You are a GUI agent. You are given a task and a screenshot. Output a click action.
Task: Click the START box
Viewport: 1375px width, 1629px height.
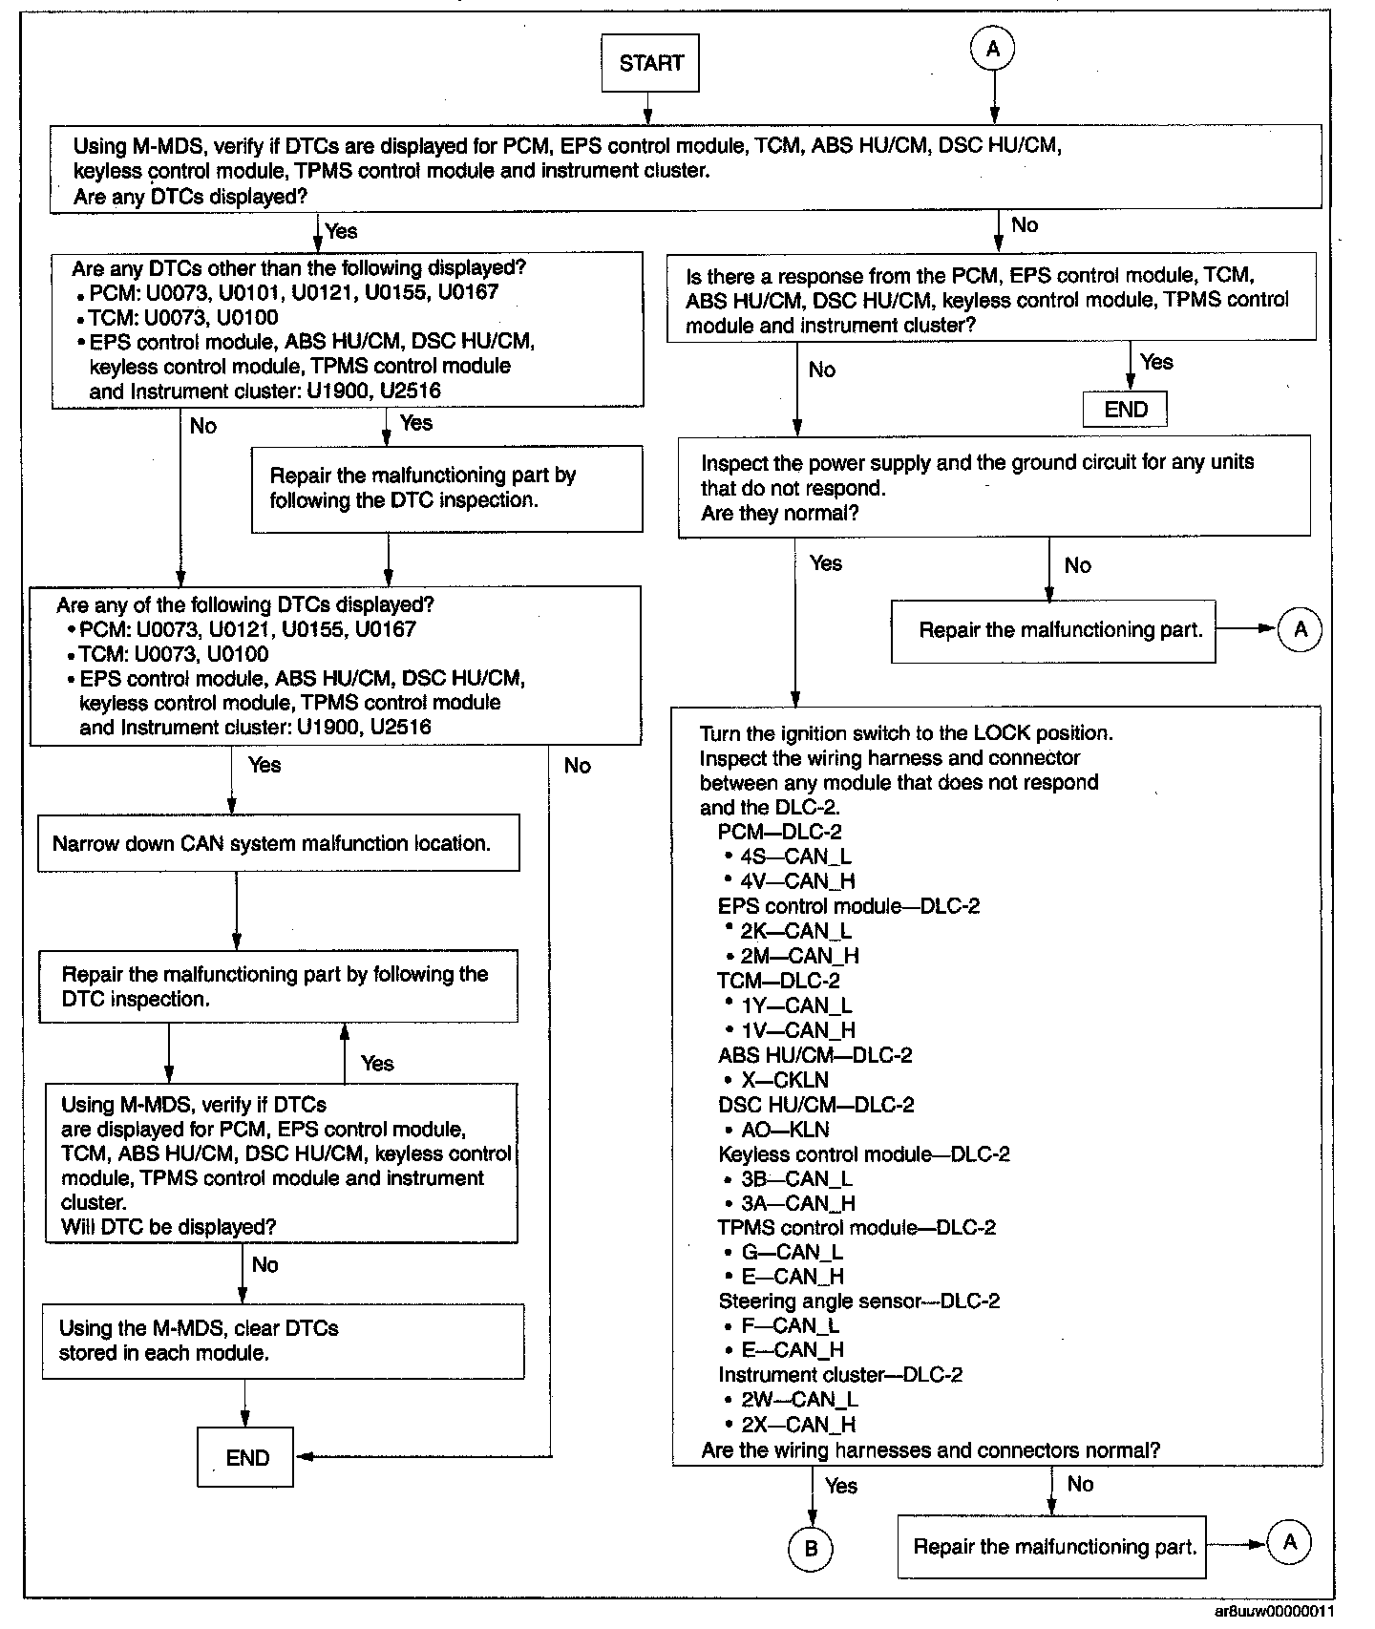(650, 64)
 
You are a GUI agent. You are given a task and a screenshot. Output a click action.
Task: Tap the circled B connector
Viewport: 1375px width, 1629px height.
(811, 1549)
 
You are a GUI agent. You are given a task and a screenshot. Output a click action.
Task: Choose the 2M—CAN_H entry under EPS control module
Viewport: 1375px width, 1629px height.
(799, 956)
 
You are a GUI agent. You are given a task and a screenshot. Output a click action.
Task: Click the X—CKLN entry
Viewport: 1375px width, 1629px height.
(785, 1080)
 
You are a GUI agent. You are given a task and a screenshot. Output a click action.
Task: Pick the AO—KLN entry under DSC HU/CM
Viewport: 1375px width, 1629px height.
(785, 1130)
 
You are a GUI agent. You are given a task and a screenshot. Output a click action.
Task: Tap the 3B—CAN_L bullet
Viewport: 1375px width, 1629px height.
(796, 1179)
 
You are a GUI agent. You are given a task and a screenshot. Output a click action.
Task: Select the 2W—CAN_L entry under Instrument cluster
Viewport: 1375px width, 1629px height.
(799, 1400)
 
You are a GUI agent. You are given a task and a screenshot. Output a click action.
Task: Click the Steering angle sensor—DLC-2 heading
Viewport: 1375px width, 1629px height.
(858, 1301)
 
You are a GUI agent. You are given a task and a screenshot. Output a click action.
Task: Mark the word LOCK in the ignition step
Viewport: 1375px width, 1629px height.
(1002, 733)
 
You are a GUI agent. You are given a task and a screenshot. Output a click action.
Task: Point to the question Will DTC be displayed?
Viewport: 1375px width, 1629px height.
(169, 1227)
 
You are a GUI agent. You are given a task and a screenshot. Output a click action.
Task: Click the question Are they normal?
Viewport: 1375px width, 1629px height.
(780, 513)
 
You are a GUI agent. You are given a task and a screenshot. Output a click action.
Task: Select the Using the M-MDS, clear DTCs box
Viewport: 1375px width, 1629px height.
(283, 1341)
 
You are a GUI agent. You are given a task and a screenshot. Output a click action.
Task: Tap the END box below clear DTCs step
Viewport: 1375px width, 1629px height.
(245, 1458)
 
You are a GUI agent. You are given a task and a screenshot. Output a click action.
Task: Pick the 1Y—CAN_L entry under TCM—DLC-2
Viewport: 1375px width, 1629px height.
(796, 1005)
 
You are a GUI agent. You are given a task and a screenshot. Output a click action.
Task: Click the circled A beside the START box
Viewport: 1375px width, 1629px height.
(993, 49)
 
